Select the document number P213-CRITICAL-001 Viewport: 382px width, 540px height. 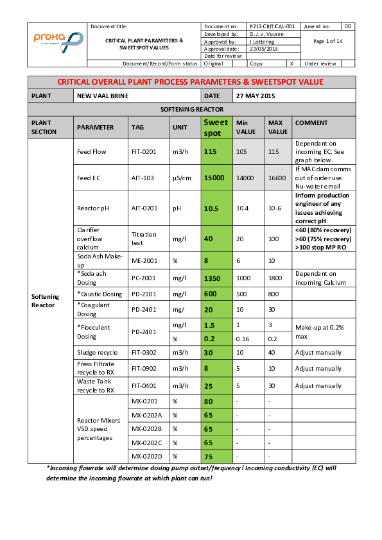[x=272, y=26]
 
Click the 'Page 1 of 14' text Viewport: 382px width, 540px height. [x=327, y=41]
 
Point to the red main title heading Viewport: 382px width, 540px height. [x=191, y=82]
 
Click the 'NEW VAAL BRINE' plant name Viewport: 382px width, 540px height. [x=103, y=96]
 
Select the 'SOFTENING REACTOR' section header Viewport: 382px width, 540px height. [x=191, y=110]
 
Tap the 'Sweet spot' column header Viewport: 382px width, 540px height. [x=215, y=128]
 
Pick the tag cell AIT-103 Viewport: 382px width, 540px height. [x=143, y=178]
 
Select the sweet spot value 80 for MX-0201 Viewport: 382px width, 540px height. [x=209, y=401]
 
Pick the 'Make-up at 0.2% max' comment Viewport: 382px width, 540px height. [x=318, y=332]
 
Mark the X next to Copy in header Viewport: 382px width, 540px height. [x=291, y=63]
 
